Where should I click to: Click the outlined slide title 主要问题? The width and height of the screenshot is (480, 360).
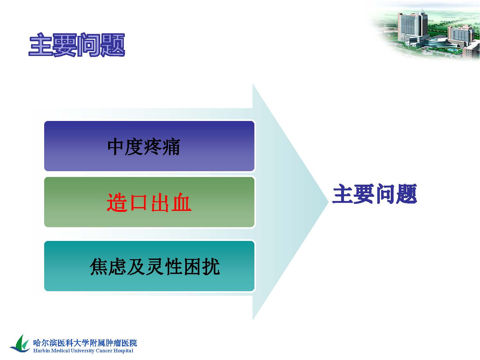[77, 45]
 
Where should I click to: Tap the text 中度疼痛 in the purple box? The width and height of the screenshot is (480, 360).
[144, 147]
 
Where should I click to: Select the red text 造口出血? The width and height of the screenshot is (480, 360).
[149, 203]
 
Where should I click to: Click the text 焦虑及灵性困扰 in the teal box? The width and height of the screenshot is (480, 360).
[155, 267]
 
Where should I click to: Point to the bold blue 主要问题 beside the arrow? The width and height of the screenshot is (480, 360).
[375, 194]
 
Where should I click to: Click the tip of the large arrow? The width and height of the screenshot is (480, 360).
[328, 202]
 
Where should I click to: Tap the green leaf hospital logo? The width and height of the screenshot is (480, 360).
[20, 344]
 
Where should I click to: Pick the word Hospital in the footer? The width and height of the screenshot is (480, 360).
[123, 351]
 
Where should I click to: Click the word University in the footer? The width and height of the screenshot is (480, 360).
[83, 351]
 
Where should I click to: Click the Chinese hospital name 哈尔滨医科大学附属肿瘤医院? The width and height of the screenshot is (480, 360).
[85, 343]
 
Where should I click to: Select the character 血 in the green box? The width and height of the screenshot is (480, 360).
[181, 203]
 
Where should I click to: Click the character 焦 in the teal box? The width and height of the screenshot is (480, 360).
[99, 267]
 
